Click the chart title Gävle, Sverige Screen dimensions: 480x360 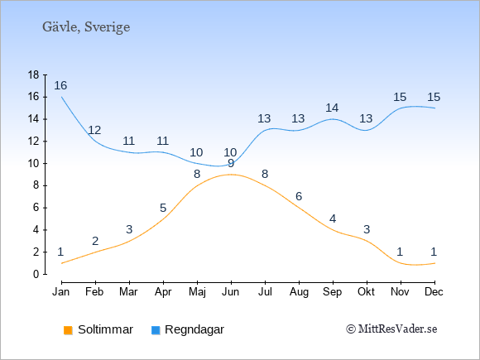86,27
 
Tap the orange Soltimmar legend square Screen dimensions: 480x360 68,330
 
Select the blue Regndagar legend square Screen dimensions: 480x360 156,330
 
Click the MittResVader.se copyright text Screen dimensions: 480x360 391,329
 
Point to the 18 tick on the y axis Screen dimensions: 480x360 33,74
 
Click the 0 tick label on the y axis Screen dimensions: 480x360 36,274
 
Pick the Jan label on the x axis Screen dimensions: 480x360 61,292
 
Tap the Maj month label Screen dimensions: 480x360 197,292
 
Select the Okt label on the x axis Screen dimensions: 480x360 366,292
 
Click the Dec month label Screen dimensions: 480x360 434,292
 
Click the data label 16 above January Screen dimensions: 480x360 60,85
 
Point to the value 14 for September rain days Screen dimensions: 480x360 332,108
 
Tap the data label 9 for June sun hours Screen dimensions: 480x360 231,164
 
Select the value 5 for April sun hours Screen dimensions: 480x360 163,209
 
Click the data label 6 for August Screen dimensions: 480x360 299,196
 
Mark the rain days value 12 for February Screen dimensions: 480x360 94,131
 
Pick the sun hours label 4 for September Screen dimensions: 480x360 333,218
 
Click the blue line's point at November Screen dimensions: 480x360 401,108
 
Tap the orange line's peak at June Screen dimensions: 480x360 231,175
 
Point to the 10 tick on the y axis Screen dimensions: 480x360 33,164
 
